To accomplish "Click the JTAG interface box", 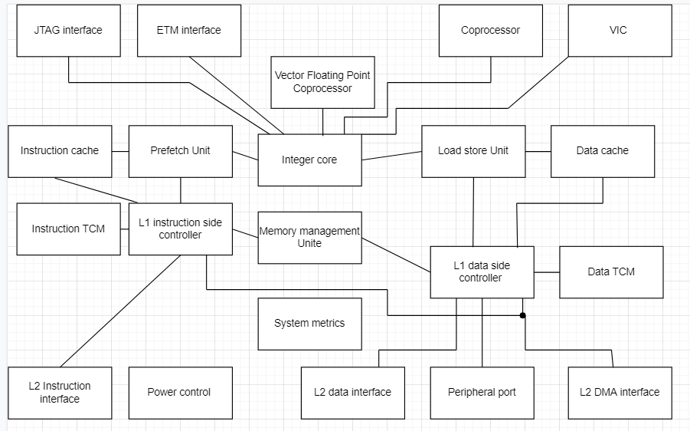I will (68, 31).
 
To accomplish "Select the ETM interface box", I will (188, 31).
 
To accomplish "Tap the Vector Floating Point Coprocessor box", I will (322, 82).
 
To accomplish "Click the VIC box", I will (619, 31).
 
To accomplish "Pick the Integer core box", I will (309, 160).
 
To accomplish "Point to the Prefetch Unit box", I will (181, 151).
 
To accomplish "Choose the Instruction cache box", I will (60, 151).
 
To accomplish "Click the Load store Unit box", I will (473, 151).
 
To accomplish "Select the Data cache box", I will (603, 151).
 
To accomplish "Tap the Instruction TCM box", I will (68, 229).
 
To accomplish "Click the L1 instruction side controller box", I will (181, 229).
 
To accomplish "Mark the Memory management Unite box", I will (309, 238).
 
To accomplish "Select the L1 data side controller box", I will (482, 271).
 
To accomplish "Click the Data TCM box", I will (611, 271).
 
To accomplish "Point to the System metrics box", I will (309, 323).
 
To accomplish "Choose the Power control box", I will (180, 392).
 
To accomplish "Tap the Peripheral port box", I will (482, 392).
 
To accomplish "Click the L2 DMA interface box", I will (620, 392).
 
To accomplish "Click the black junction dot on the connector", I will (523, 315).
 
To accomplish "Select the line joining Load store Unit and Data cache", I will (538, 151).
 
